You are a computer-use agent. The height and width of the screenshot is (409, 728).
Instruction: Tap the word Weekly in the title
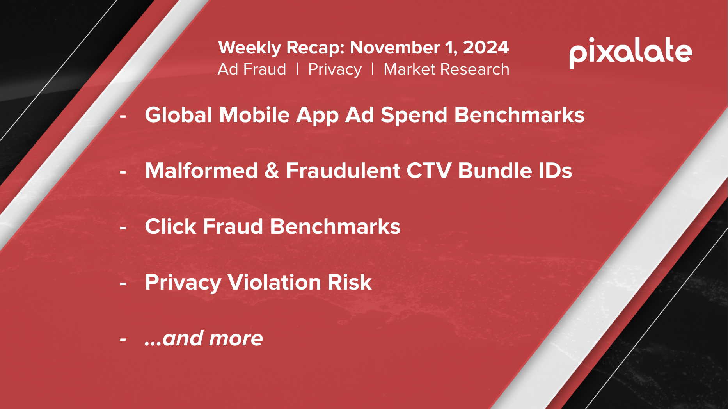pyautogui.click(x=250, y=48)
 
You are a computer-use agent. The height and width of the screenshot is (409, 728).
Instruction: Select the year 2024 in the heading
pyautogui.click(x=486, y=47)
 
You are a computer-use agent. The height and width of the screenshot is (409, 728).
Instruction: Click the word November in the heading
pyautogui.click(x=395, y=47)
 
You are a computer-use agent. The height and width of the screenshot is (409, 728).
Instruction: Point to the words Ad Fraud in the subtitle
pyautogui.click(x=252, y=69)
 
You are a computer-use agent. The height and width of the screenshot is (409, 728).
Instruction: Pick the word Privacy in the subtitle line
pyautogui.click(x=335, y=70)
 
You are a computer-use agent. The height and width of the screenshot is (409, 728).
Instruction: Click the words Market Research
pyautogui.click(x=446, y=69)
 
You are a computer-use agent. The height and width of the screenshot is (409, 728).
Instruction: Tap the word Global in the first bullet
pyautogui.click(x=179, y=115)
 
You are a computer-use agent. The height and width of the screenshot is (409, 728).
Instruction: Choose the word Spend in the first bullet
pyautogui.click(x=414, y=116)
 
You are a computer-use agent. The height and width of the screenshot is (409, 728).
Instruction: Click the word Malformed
pyautogui.click(x=201, y=171)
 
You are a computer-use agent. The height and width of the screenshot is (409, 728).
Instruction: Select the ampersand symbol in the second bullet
pyautogui.click(x=272, y=171)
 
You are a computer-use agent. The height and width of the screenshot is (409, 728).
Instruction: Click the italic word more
pyautogui.click(x=236, y=338)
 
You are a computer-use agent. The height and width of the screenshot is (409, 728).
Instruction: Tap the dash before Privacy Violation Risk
pyautogui.click(x=123, y=284)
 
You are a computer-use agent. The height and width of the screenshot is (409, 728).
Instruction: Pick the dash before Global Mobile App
pyautogui.click(x=123, y=116)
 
